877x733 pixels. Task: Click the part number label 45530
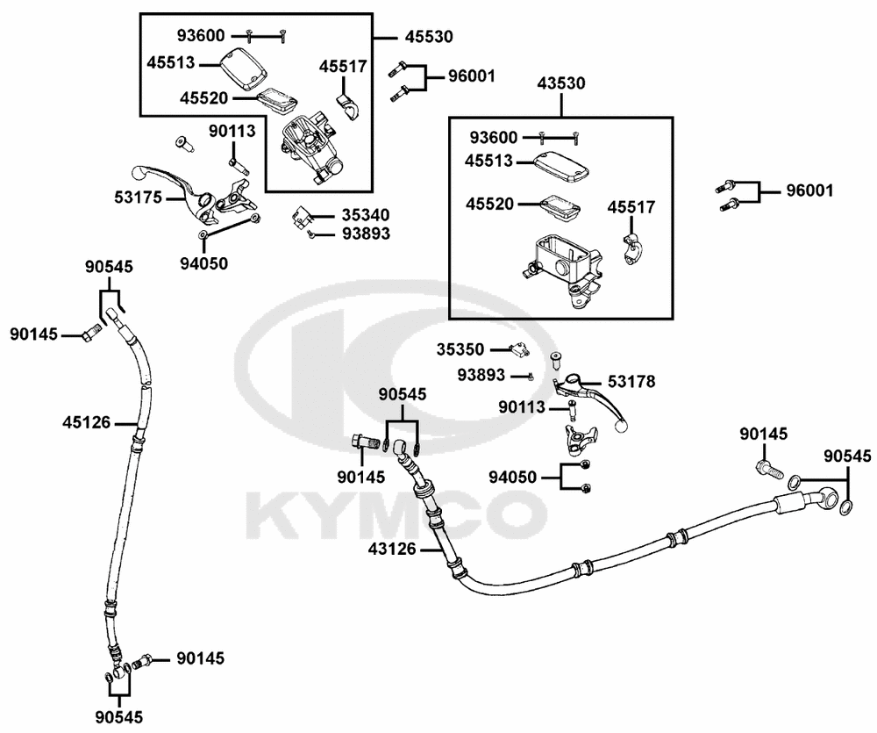pyautogui.click(x=429, y=38)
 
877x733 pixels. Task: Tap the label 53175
pyautogui.click(x=139, y=198)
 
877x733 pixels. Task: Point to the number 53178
pyautogui.click(x=631, y=381)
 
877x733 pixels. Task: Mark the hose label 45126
pyautogui.click(x=86, y=422)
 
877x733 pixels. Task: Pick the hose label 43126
pyautogui.click(x=392, y=550)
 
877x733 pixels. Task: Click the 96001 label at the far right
pyautogui.click(x=809, y=190)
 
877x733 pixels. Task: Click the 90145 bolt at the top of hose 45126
pyautogui.click(x=89, y=333)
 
